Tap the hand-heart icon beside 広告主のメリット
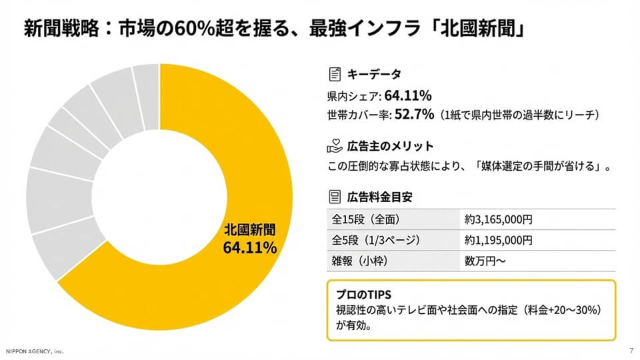(x=335, y=146)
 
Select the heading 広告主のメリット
(x=391, y=146)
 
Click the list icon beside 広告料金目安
(x=335, y=197)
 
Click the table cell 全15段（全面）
(x=366, y=219)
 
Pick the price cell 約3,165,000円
(x=499, y=219)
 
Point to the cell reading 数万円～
(x=485, y=261)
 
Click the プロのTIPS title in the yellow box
(x=363, y=294)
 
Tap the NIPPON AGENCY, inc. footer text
(x=35, y=351)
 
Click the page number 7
(x=631, y=351)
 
